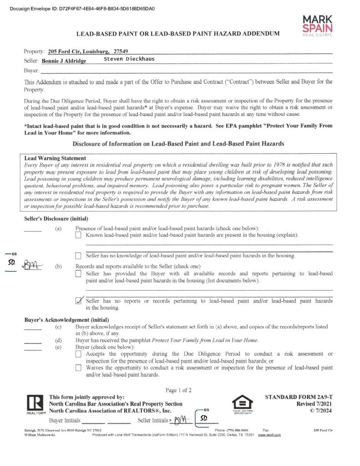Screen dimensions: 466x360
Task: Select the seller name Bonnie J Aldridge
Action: [64, 61]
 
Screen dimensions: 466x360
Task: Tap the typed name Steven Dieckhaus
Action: [129, 59]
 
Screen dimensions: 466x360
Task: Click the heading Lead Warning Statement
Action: [55, 158]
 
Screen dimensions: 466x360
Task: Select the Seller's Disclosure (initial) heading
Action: [56, 219]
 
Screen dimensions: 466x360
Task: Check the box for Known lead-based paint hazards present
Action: [79, 235]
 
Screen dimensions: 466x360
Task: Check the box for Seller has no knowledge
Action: [79, 256]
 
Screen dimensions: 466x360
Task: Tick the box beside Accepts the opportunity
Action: [79, 354]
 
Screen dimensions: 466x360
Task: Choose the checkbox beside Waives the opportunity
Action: [79, 367]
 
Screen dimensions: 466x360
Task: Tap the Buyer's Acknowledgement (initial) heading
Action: [66, 320]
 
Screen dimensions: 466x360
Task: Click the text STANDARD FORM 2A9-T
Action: [299, 397]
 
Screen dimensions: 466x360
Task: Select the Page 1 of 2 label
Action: [178, 390]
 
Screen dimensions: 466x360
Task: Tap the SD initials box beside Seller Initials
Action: [204, 418]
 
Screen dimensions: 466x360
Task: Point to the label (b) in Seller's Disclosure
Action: [58, 266]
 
